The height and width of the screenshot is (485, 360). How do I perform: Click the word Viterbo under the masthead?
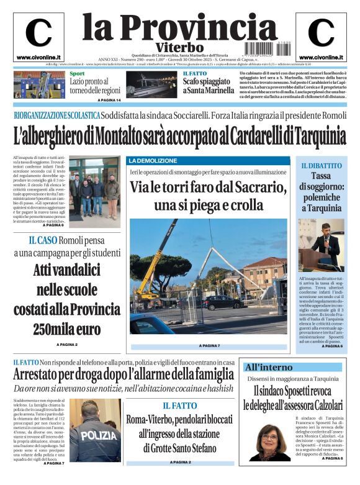point(179,47)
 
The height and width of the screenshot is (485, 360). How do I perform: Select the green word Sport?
point(78,75)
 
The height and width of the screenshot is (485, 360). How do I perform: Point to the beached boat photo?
point(151,85)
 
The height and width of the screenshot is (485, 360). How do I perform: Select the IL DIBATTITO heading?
point(321,166)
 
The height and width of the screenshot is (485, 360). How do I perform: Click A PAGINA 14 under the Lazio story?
point(109,100)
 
